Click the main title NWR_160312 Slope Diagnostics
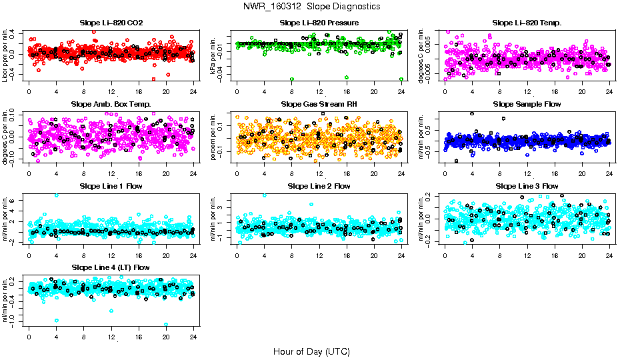pyautogui.click(x=311, y=6)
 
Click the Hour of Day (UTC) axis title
pyautogui.click(x=311, y=351)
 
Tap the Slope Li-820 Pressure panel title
pyautogui.click(x=319, y=23)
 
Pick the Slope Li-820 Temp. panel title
pyautogui.click(x=527, y=23)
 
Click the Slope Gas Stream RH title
pyautogui.click(x=319, y=105)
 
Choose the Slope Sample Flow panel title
pyautogui.click(x=527, y=105)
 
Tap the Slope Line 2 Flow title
pyautogui.click(x=319, y=186)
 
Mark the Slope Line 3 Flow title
pyautogui.click(x=527, y=186)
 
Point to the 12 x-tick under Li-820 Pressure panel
pyautogui.click(x=319, y=91)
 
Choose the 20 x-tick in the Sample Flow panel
pyautogui.click(x=582, y=173)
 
